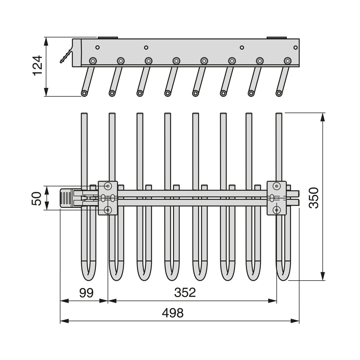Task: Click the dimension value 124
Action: point(37,65)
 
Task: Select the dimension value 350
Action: point(314,198)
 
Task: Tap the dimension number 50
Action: point(37,198)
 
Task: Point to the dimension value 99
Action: point(86,293)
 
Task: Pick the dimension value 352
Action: point(185,292)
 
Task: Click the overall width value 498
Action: point(173,313)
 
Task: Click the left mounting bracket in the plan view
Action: point(108,198)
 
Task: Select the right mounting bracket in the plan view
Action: point(277,198)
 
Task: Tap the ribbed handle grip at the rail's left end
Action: point(66,198)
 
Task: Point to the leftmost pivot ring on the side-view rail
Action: point(93,61)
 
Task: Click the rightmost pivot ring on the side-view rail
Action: point(288,61)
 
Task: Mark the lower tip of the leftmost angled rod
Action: point(84,93)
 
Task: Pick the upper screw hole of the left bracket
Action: point(108,186)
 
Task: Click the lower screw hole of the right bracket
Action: point(277,210)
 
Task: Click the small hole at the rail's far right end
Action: point(295,47)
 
